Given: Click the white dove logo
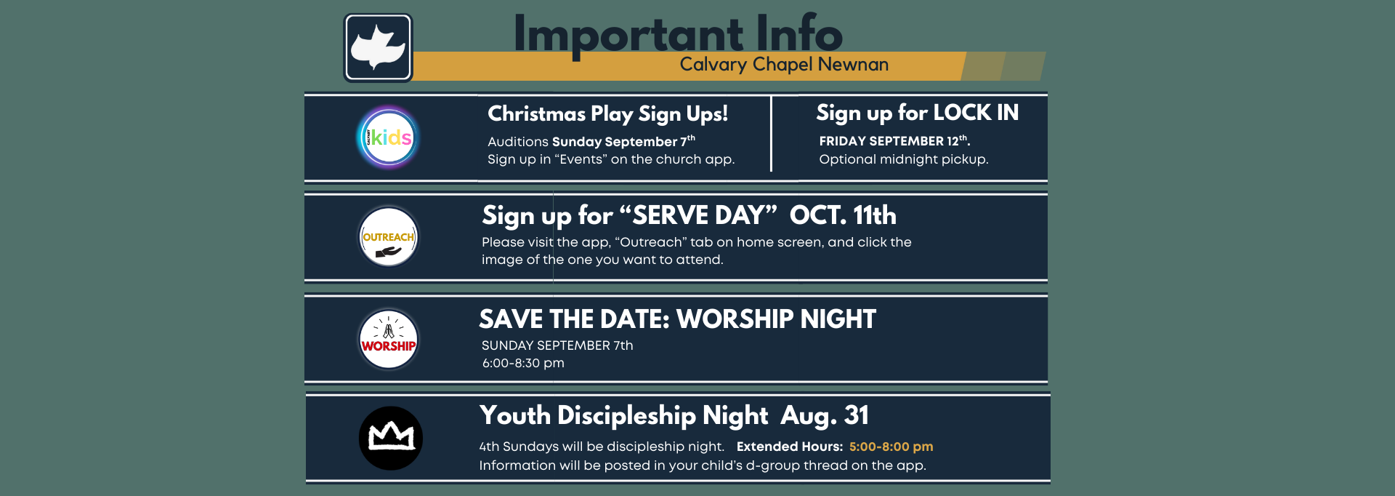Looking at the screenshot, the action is pyautogui.click(x=378, y=48).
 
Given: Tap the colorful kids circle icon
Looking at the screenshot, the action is pyautogui.click(x=389, y=137).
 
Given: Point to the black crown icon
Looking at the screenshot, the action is pyautogui.click(x=391, y=438).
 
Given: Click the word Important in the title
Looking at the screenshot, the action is pyautogui.click(x=628, y=35).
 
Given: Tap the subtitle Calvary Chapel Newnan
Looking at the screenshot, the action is pyautogui.click(x=784, y=65).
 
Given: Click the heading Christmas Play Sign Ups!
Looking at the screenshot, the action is pyautogui.click(x=607, y=114).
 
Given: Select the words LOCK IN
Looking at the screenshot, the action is pyautogui.click(x=976, y=113).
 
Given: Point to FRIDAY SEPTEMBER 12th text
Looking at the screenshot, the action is pyautogui.click(x=894, y=140).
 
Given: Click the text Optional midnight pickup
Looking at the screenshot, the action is pyautogui.click(x=904, y=159).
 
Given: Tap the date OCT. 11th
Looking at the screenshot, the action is pyautogui.click(x=843, y=215).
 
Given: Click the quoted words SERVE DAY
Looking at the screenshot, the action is pyautogui.click(x=698, y=215).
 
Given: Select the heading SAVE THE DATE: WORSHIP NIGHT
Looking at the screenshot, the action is pyautogui.click(x=677, y=319).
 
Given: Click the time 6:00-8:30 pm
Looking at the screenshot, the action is pyautogui.click(x=523, y=363).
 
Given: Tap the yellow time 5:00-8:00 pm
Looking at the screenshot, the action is pyautogui.click(x=891, y=447).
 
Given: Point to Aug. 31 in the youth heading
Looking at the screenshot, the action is pyautogui.click(x=825, y=416).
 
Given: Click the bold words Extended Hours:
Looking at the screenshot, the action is pyautogui.click(x=790, y=447).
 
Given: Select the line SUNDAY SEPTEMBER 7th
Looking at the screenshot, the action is pyautogui.click(x=557, y=345).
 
